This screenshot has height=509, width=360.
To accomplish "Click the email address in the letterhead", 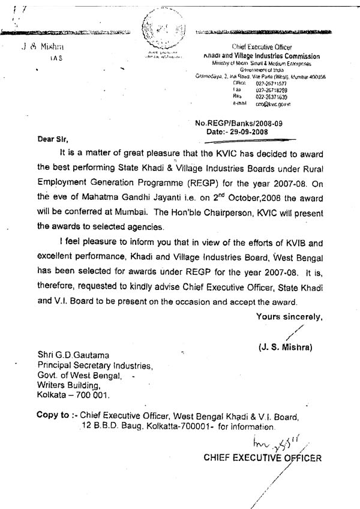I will [x=274, y=103].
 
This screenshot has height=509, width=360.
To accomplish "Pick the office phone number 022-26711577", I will [x=272, y=83].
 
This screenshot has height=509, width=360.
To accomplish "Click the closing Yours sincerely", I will [x=290, y=316].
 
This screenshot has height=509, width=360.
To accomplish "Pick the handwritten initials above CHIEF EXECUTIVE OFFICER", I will [x=274, y=442].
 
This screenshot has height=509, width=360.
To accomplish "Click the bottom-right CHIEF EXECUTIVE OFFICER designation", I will [x=262, y=458].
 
